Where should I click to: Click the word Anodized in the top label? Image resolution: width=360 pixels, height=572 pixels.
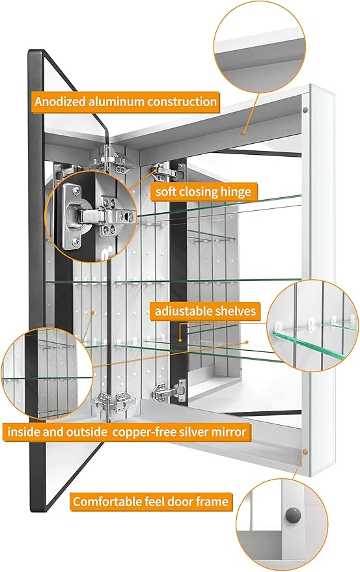(x=61, y=102)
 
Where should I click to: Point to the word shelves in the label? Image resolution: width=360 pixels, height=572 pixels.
(x=236, y=311)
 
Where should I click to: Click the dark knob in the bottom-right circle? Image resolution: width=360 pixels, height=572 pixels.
(x=293, y=515)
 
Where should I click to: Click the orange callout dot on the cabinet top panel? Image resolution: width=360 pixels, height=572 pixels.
(x=244, y=133)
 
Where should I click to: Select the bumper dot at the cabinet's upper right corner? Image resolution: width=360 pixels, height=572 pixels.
(x=305, y=109)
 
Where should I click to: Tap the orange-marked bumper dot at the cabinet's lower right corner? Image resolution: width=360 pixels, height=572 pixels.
(x=305, y=452)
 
